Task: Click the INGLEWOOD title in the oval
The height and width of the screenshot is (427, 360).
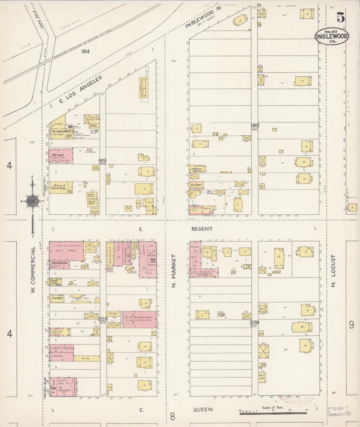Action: pyautogui.click(x=332, y=36)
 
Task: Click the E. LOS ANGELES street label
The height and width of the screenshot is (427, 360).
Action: pyautogui.click(x=80, y=91)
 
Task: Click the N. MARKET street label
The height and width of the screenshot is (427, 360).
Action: pyautogui.click(x=174, y=269)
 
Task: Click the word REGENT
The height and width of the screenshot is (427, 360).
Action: pyautogui.click(x=202, y=229)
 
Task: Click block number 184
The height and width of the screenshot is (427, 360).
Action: pyautogui.click(x=84, y=51)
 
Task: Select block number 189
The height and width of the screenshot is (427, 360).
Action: pyautogui.click(x=103, y=160)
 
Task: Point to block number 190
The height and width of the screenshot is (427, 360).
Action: pyautogui.click(x=255, y=125)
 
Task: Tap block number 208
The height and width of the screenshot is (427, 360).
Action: pyautogui.click(x=103, y=319)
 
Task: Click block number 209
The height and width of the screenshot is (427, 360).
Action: pyautogui.click(x=254, y=322)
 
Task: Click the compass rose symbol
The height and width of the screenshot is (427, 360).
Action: pyautogui.click(x=31, y=200)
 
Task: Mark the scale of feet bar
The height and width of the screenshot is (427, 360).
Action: pyautogui.click(x=270, y=411)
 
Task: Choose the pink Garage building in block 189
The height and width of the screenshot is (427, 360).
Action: pyautogui.click(x=61, y=156)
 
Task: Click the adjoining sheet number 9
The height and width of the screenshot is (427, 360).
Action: pyautogui.click(x=351, y=325)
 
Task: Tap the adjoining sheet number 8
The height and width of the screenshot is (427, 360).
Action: pyautogui.click(x=173, y=416)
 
